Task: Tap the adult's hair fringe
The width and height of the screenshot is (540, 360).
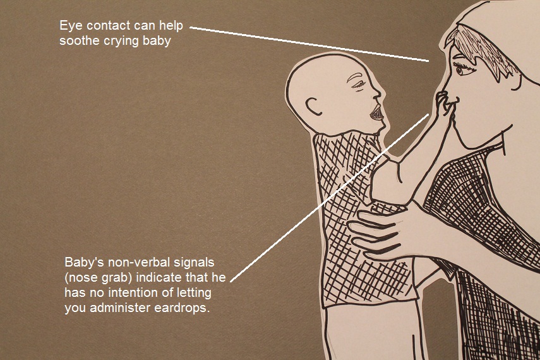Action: (480, 47)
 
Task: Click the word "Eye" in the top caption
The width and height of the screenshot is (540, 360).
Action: (70, 27)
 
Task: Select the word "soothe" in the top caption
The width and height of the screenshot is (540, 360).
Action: (79, 42)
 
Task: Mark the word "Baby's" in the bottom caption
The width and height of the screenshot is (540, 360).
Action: (81, 261)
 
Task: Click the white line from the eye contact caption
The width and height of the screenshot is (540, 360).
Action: (309, 44)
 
